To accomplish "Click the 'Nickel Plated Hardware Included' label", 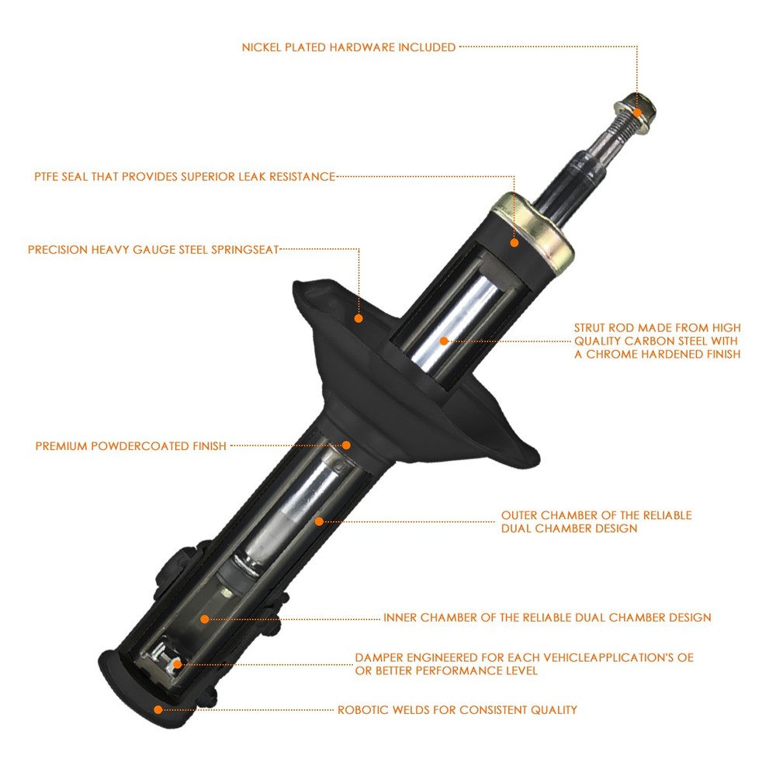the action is tap(348, 47).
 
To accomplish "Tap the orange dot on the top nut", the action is tap(637, 113).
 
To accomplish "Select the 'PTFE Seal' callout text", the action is tap(185, 177).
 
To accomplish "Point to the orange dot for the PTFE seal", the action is tap(514, 242).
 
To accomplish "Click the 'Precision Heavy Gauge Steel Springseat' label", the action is tap(154, 249).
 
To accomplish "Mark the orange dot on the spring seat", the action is tap(359, 318).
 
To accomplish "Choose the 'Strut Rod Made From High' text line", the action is tap(657, 327).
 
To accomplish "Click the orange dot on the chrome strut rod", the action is tap(444, 341).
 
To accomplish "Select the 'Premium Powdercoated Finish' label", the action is tap(130, 446).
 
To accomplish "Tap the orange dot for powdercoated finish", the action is tap(346, 445).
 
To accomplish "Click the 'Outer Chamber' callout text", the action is tap(596, 521).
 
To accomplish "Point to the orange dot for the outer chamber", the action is tap(319, 521).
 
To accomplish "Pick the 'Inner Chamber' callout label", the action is tap(547, 618).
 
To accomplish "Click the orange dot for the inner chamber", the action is tap(204, 618).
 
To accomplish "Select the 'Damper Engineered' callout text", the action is tap(524, 664).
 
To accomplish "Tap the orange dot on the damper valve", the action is tap(177, 664).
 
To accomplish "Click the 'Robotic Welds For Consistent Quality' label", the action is tap(457, 710).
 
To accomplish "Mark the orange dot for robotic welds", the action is tap(158, 710).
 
